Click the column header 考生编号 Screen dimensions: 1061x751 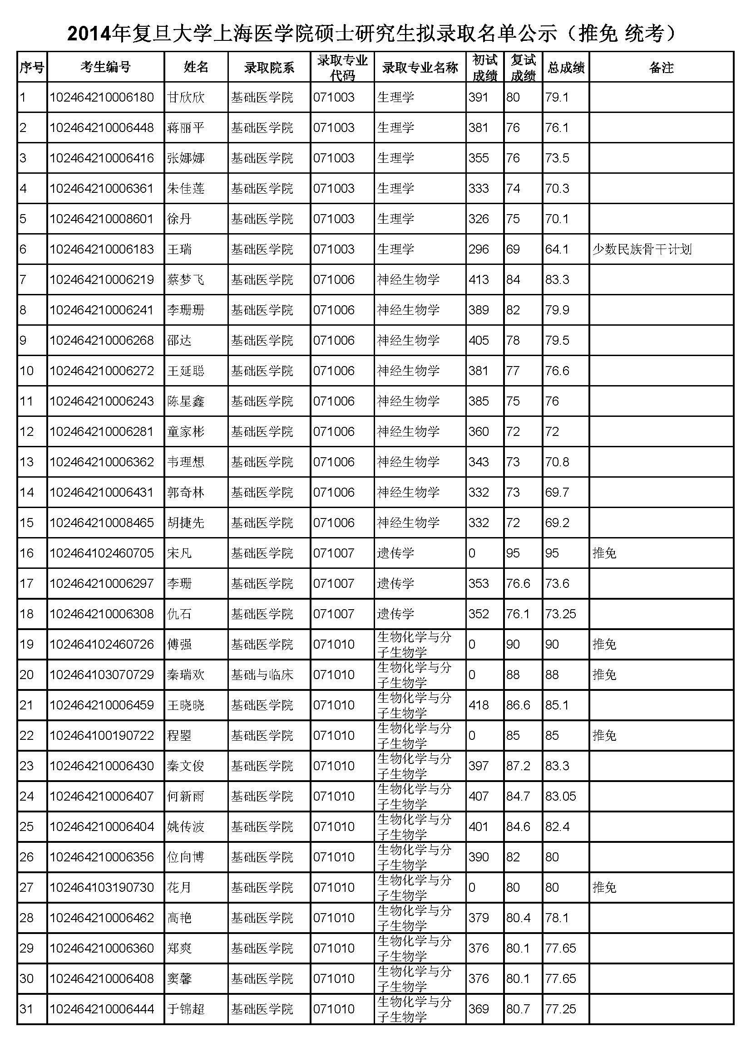(105, 68)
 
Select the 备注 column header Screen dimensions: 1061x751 (661, 68)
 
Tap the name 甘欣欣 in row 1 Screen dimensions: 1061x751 (185, 98)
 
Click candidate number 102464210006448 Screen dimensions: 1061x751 (102, 127)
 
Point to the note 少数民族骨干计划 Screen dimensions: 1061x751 (642, 249)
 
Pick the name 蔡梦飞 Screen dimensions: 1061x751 (185, 279)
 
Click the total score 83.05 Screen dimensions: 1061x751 (560, 796)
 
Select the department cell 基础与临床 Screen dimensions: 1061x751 (262, 675)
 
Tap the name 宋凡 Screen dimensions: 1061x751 (179, 553)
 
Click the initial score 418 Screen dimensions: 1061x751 (479, 705)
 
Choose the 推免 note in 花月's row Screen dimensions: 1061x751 (604, 887)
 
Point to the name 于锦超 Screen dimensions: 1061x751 (185, 1009)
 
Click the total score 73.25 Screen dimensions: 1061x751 (560, 614)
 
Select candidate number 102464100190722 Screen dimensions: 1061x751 (102, 735)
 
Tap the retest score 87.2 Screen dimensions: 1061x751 (518, 766)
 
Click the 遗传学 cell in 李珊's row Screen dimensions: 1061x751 (395, 584)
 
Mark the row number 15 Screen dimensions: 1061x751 (27, 523)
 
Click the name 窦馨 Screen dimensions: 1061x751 (179, 978)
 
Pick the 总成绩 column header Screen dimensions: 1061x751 (566, 68)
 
